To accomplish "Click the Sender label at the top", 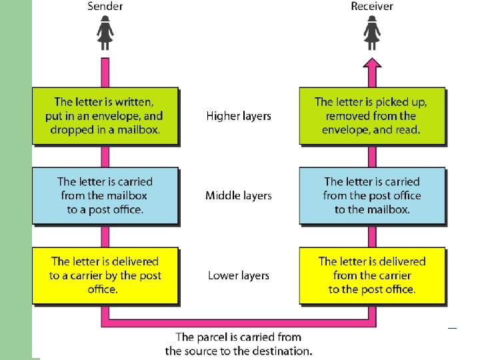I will pyautogui.click(x=105, y=7).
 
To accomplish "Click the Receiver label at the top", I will pyautogui.click(x=372, y=7).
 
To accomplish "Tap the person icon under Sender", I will pyautogui.click(x=105, y=34).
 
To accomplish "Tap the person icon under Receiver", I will pyautogui.click(x=372, y=34).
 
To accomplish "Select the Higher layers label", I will pyautogui.click(x=239, y=116).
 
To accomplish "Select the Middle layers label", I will pyautogui.click(x=239, y=196).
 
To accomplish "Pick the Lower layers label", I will pyautogui.click(x=239, y=275).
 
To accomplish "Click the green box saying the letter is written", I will pyautogui.click(x=105, y=116).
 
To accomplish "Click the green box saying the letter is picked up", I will pyautogui.click(x=371, y=116).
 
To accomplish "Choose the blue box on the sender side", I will pyautogui.click(x=105, y=195).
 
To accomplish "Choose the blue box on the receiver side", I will pyautogui.click(x=371, y=195).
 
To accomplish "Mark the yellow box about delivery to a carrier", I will pyautogui.click(x=105, y=275).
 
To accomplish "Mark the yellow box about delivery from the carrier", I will pyautogui.click(x=371, y=275).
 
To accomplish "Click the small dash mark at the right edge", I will pyautogui.click(x=451, y=327).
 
